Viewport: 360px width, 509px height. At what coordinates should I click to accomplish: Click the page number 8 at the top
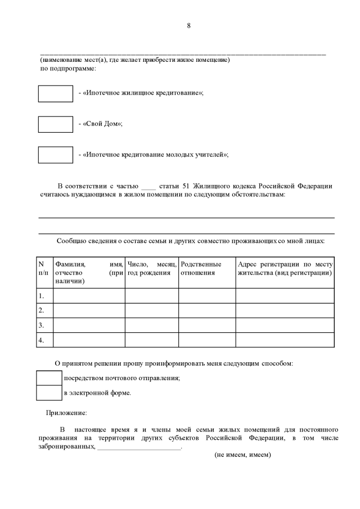pos(188,25)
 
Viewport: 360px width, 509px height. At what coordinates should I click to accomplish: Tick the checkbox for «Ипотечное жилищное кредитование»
pos(55,94)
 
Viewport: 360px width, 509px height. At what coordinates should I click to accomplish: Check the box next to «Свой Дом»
pos(55,124)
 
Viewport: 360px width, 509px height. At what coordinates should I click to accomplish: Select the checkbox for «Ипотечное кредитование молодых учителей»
pos(55,154)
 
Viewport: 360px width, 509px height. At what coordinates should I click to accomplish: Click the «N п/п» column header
pos(43,268)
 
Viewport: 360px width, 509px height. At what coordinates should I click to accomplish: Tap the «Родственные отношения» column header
pos(201,268)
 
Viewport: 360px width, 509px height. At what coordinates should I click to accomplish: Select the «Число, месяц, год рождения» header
pos(151,268)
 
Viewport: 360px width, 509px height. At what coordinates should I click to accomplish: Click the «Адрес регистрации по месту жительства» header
pos(285,268)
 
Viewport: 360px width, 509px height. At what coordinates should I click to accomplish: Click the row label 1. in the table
pos(41,295)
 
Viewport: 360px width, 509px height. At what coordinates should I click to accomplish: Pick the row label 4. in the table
pos(41,340)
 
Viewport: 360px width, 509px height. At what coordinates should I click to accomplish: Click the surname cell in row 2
pos(88,310)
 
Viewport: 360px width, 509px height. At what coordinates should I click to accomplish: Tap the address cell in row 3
pos(285,325)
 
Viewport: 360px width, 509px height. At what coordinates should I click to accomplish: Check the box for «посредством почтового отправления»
pos(49,378)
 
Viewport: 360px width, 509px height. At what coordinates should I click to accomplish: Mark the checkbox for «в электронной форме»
pos(49,393)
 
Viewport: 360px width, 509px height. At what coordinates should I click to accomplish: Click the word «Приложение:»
pos(66,413)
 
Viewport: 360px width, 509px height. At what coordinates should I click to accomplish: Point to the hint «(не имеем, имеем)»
pos(243,455)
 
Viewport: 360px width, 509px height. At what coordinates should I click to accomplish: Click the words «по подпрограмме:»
pos(67,69)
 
